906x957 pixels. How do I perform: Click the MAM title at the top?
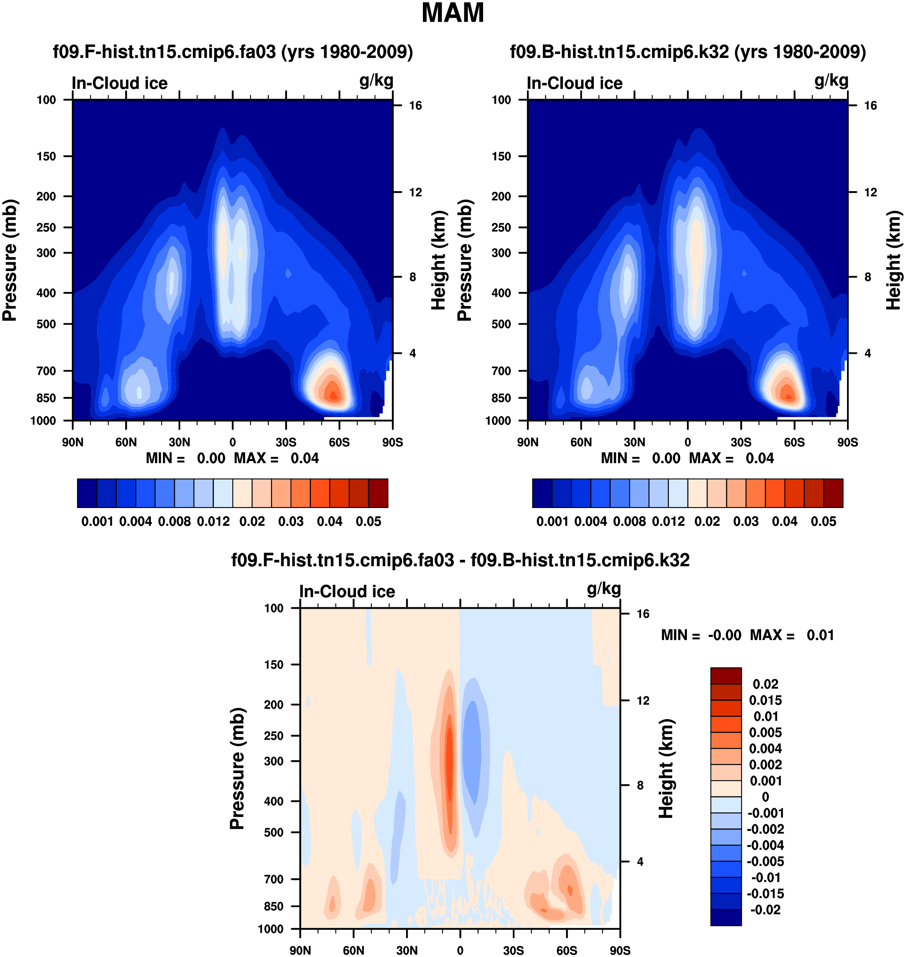coord(453,13)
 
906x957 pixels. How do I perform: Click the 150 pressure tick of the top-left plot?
coord(47,157)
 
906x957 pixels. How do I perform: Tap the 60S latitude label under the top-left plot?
coord(339,442)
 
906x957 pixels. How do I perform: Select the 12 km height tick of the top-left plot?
coord(415,192)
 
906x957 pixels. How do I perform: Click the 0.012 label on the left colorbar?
coord(213,522)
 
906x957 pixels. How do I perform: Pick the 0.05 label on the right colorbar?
coord(823,522)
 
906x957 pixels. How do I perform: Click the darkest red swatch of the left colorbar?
coord(378,493)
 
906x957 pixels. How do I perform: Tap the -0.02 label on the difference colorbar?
coord(766,910)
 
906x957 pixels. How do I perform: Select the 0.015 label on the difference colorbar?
coord(766,700)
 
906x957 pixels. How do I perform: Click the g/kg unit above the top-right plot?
coord(831,80)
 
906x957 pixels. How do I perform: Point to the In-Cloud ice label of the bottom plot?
coord(347,592)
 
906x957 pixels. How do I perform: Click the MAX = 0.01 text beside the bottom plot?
coord(792,635)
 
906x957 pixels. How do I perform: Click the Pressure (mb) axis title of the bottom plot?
coord(237,769)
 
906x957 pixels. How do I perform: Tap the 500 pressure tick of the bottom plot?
coord(274,832)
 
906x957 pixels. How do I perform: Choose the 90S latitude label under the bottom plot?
coord(620,951)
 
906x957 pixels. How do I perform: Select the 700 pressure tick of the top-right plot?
coord(501,371)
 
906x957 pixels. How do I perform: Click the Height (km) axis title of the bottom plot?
coord(666,769)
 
